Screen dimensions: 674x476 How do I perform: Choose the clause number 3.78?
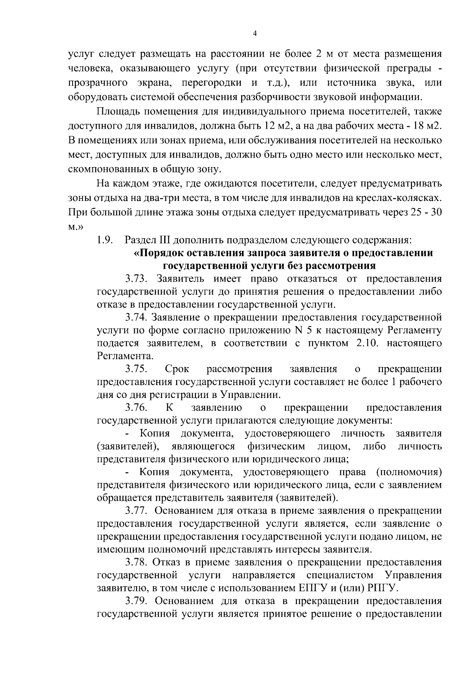tap(137, 562)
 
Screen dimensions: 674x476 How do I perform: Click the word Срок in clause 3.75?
tap(177, 369)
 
